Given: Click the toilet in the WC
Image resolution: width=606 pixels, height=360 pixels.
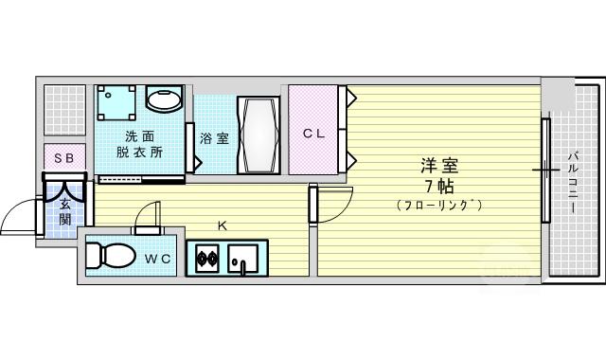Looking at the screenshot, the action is click(111, 255).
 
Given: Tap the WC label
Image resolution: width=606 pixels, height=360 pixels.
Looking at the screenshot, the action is click(158, 259).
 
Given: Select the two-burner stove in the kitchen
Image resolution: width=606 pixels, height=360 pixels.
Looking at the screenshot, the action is click(207, 258).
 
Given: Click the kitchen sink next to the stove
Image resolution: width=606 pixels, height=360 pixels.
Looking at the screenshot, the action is click(242, 259).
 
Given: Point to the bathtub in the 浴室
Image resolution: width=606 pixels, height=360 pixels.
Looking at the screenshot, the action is click(258, 135).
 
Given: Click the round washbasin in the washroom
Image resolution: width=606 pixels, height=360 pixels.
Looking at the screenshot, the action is click(164, 100).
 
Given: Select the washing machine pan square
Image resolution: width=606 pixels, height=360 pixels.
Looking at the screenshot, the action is click(116, 103).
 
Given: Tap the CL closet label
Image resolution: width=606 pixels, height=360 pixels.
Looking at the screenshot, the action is click(313, 134).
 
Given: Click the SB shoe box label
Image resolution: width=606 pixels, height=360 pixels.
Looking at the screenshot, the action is click(64, 158).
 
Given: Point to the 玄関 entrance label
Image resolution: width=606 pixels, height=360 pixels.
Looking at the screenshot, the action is click(65, 212).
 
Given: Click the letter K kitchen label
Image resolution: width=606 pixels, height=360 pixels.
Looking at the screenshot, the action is click(222, 225).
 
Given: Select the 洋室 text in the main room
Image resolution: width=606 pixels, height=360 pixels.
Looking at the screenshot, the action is click(439, 166).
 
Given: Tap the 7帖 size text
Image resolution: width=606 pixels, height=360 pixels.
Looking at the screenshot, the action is click(439, 187).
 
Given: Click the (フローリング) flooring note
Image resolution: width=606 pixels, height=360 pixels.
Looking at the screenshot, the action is click(439, 205).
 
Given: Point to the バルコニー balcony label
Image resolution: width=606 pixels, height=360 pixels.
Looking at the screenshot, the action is click(572, 182).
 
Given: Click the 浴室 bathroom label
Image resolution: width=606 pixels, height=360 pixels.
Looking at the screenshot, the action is click(215, 138).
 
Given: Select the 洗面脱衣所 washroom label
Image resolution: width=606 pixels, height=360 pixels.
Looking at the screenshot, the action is click(139, 144).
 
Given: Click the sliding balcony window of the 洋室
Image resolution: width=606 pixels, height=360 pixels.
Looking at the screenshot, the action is click(545, 171).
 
